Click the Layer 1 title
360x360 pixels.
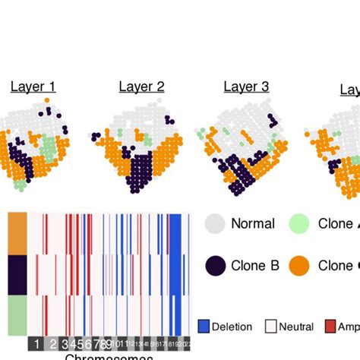coord(33,87)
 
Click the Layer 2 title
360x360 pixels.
coord(141,87)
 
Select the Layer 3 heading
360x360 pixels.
coord(246,87)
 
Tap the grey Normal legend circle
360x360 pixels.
coord(216,223)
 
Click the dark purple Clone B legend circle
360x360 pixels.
coord(216,265)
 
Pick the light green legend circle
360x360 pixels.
coord(300,223)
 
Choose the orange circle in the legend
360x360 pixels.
coord(300,265)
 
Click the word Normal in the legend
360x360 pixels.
coord(253,223)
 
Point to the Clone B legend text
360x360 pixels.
coord(254,265)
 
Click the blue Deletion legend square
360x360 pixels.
coord(203,327)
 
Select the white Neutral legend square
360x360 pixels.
coord(270,327)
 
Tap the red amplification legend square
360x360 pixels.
coord(330,327)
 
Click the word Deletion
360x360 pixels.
coord(232,327)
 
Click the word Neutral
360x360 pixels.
coord(296,327)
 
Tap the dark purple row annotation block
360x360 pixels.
coord(17,274)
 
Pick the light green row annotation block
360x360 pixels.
coord(17,315)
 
